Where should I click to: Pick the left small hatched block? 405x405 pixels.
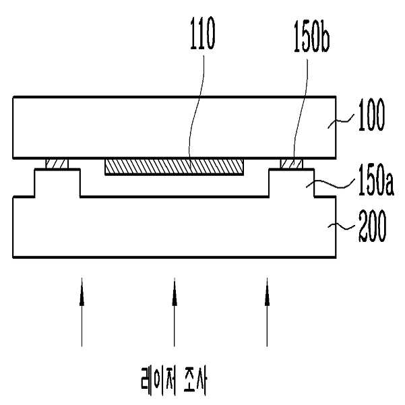57,164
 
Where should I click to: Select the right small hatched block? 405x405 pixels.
292,164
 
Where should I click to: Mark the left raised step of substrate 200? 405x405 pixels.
57,182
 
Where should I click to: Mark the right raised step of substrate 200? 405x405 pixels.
292,182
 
